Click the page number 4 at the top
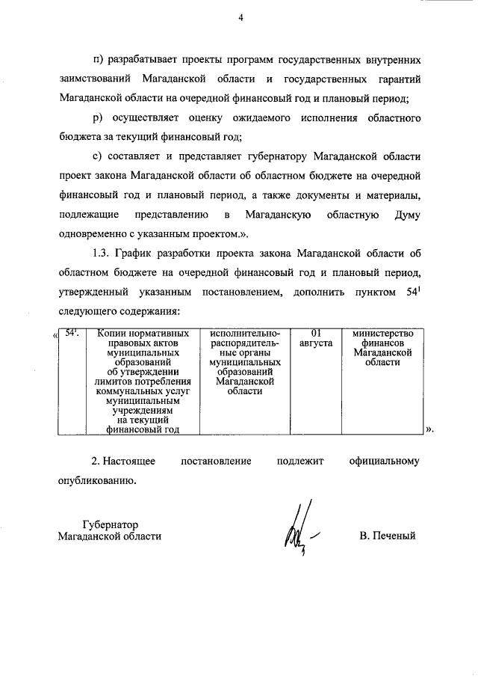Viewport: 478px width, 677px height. [x=240, y=19]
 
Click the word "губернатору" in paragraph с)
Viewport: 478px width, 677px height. [x=296, y=157]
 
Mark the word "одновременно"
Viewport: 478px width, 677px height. [x=93, y=235]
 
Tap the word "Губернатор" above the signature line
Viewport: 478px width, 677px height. [x=110, y=523]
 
